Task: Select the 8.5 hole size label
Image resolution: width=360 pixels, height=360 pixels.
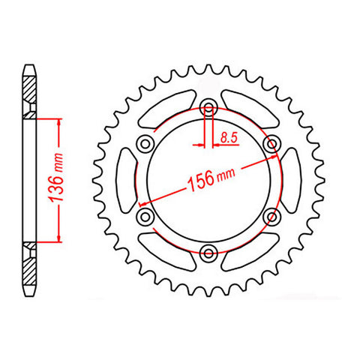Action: [x=230, y=137]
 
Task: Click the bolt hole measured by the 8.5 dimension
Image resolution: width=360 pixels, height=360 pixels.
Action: [x=209, y=104]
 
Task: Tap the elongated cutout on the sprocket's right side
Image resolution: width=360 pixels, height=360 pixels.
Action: [x=291, y=178]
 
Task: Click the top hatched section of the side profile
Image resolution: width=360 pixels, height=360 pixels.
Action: [x=29, y=94]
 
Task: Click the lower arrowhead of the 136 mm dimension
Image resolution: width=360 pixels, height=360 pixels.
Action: [x=57, y=238]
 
